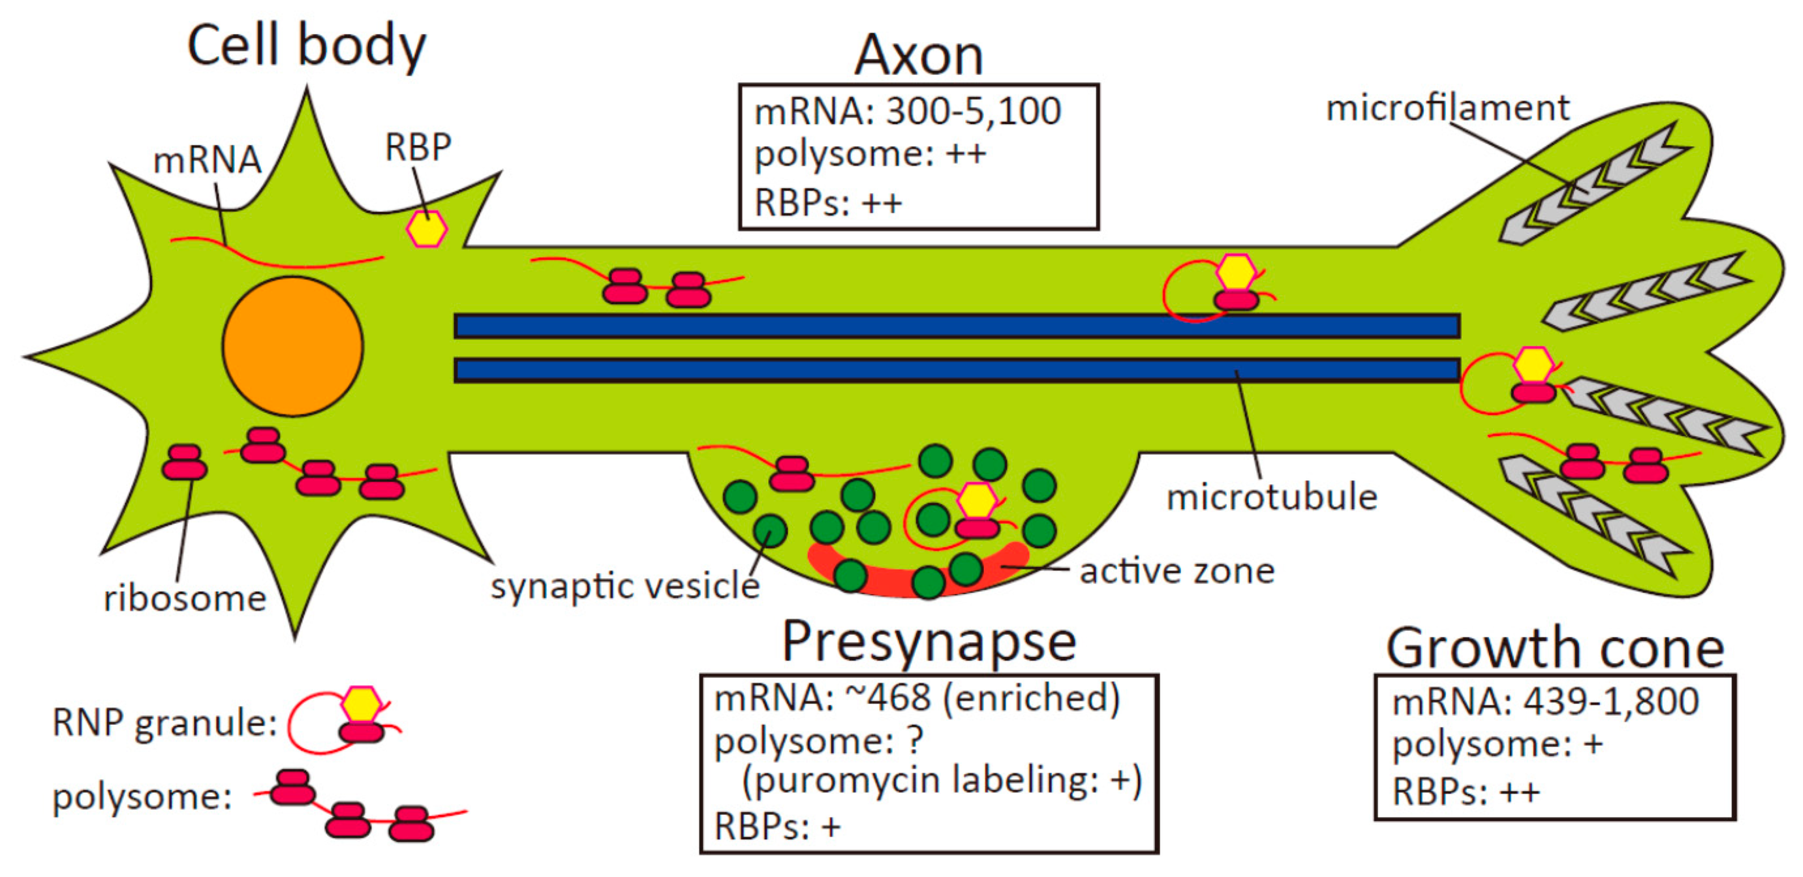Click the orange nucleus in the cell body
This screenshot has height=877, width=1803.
tap(292, 346)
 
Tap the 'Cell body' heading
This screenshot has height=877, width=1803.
tap(306, 46)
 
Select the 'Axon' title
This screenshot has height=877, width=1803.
tap(918, 55)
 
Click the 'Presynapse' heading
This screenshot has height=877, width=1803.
tap(928, 642)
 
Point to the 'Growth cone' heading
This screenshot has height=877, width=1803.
tap(1554, 648)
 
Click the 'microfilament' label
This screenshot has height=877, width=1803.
tap(1447, 108)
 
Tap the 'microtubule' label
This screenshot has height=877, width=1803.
tap(1272, 498)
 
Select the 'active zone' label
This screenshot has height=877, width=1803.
tap(1177, 571)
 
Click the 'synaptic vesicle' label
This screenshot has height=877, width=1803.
tap(624, 586)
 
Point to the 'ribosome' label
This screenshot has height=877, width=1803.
tap(185, 598)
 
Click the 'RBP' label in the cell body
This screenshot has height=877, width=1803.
tap(418, 147)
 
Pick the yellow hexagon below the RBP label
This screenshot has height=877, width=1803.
tap(427, 230)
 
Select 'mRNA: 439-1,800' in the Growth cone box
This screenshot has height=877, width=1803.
tap(1545, 701)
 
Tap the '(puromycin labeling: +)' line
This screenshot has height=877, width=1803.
tap(942, 780)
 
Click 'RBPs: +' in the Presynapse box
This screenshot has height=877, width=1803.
tap(777, 827)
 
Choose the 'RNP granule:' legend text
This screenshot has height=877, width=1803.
tap(164, 722)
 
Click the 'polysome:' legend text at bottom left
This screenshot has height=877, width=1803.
tap(142, 797)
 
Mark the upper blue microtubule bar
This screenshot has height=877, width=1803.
tap(956, 326)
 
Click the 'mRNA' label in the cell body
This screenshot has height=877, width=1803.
tap(207, 161)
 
